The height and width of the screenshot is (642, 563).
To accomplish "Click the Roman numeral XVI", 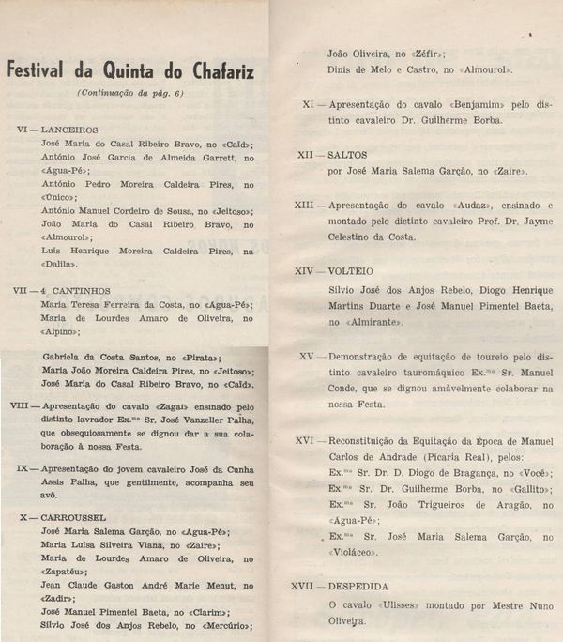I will [x=304, y=438].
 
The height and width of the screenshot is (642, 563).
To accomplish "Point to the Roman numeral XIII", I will [x=304, y=204].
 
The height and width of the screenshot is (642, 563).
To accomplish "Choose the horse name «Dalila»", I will [x=65, y=267].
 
